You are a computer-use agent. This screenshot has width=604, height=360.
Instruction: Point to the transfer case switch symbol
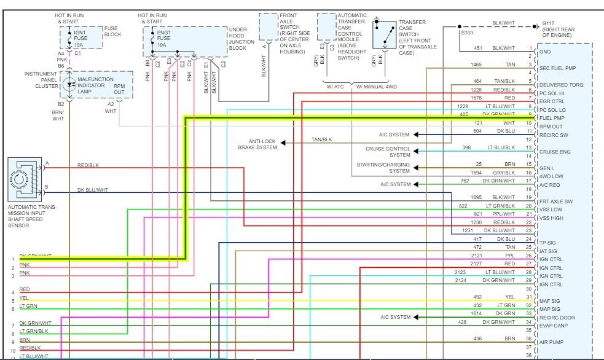[x=385, y=36]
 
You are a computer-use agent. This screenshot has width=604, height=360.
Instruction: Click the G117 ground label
[x=562, y=28]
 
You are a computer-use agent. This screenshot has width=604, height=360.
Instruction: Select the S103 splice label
[x=468, y=33]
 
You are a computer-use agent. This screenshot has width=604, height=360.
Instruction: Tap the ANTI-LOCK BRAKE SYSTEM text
[x=257, y=144]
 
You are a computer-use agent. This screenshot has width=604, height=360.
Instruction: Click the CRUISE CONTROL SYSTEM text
[x=388, y=152]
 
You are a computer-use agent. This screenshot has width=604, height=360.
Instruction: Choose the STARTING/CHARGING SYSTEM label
[x=383, y=168]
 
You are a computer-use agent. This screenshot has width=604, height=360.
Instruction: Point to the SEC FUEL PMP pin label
[x=558, y=68]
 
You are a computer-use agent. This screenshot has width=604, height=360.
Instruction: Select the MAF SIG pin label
[x=550, y=300]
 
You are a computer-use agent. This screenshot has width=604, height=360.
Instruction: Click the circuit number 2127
[x=477, y=264]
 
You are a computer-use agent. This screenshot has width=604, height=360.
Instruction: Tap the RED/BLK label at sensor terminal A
[x=89, y=165]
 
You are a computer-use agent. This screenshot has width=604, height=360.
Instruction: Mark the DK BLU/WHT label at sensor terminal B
[x=93, y=190]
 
